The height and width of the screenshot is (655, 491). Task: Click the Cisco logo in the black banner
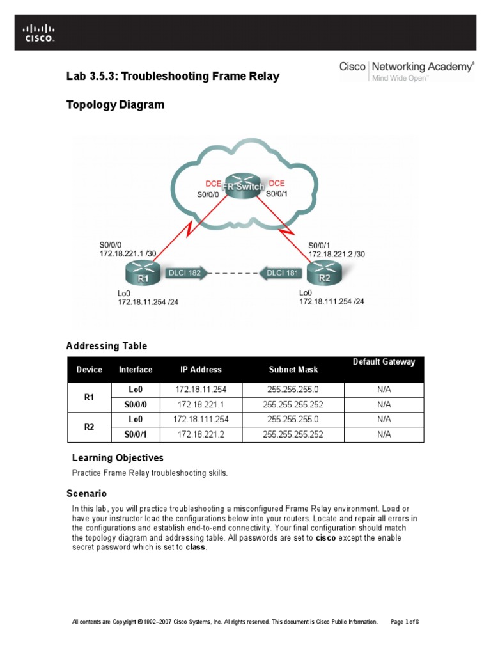pos(39,32)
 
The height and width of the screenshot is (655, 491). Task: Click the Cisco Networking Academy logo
pos(407,70)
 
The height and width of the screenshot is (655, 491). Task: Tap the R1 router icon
pos(143,276)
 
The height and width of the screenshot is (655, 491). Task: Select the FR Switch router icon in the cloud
pos(243,186)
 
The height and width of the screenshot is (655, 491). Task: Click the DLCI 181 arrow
pos(281,273)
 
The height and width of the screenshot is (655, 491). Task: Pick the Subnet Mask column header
pos(293,370)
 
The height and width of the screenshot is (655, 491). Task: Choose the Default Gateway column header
pos(384,362)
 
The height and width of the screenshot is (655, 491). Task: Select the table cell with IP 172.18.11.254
pos(201,389)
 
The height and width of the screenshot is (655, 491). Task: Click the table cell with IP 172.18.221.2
pos(201,434)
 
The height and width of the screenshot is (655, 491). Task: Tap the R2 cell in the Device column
pos(90,427)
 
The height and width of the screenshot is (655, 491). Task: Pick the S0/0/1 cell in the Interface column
pos(136,434)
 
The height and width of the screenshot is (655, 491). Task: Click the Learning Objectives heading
pos(118,458)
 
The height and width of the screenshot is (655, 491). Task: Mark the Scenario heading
pos(86,494)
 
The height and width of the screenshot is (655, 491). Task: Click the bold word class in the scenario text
pos(196,548)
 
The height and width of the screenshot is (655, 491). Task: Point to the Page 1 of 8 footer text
pos(404,622)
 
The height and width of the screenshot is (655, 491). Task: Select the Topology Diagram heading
pos(115,105)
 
